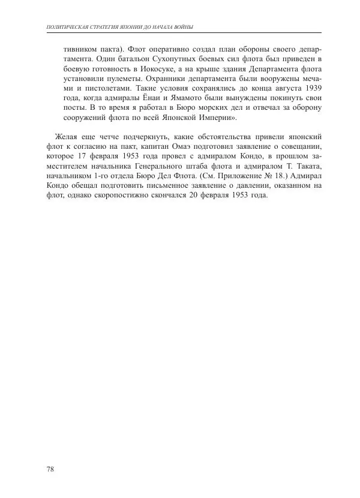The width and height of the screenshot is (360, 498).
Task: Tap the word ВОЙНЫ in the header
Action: coord(184,27)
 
